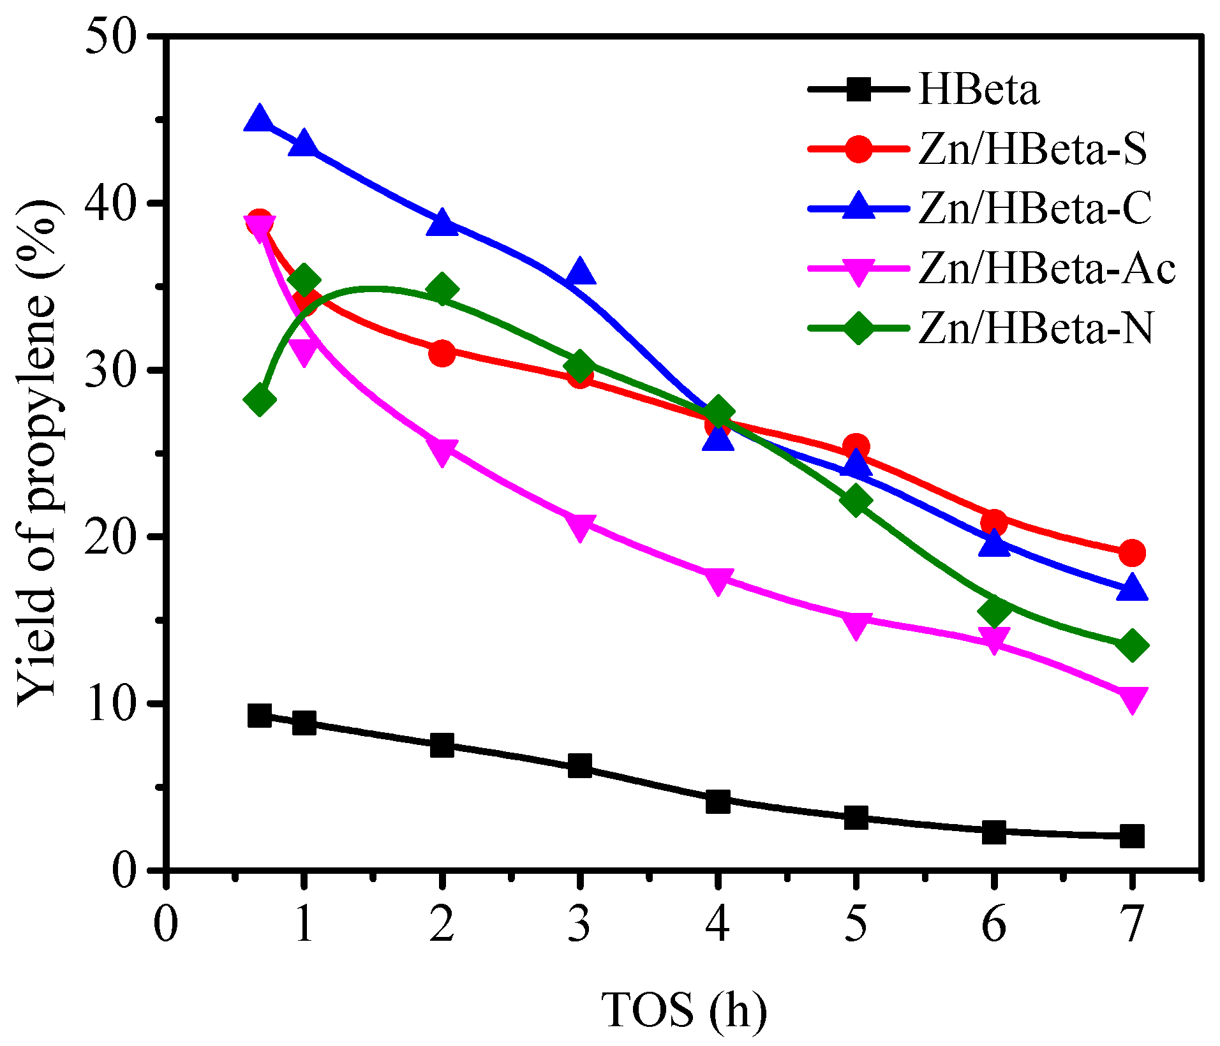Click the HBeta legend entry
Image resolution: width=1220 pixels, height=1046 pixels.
979,90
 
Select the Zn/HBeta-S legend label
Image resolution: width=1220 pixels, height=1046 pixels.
1032,149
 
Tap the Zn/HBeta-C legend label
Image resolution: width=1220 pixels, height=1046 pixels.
1035,209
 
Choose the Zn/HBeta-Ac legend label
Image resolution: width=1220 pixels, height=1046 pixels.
1047,268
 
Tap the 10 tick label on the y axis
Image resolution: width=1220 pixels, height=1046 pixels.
118,704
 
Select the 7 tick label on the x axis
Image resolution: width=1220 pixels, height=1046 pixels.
1132,924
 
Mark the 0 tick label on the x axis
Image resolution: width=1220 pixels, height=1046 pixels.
165,924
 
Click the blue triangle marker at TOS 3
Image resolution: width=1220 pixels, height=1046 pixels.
579,273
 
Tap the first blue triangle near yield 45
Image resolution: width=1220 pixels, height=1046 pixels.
259,119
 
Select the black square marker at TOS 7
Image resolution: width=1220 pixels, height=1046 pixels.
1132,836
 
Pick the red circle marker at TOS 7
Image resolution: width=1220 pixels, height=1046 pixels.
1132,552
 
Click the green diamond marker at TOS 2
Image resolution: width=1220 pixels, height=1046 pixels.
442,290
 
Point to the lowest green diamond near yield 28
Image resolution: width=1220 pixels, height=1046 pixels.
259,400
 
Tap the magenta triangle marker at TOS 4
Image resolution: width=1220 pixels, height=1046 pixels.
718,580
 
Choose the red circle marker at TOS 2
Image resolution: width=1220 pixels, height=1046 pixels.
442,353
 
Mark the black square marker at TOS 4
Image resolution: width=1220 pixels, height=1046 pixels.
718,801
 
